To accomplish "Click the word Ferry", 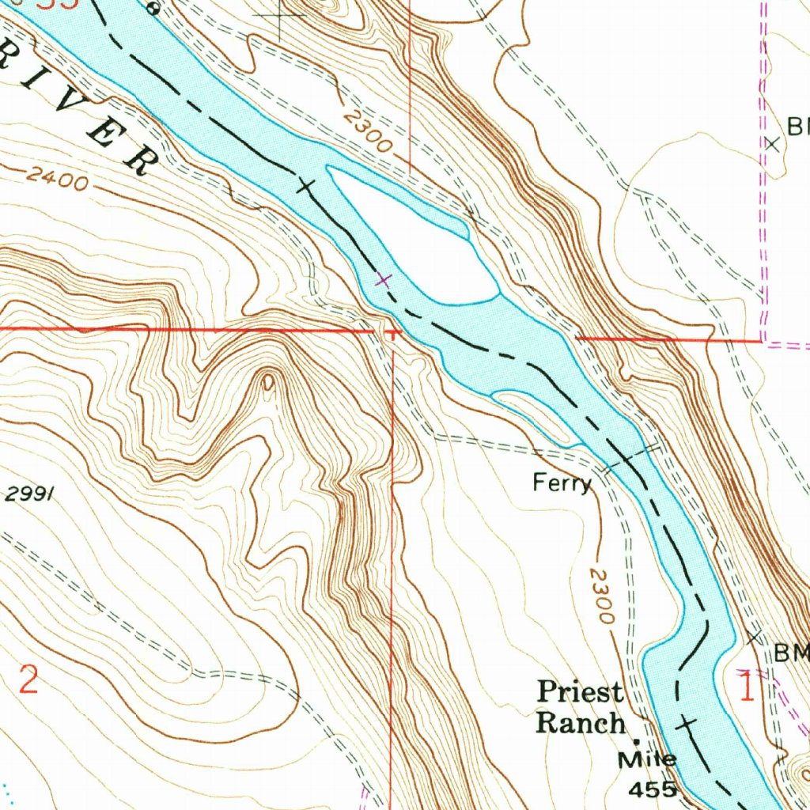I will click(561, 483).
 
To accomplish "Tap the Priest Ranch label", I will click(581, 706).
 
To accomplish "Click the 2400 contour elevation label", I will click(55, 179).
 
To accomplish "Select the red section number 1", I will click(745, 687).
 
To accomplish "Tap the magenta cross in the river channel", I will click(384, 279).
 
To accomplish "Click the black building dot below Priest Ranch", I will click(640, 741).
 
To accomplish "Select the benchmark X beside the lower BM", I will click(755, 637).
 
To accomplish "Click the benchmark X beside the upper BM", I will click(773, 144).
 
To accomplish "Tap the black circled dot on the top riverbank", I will click(155, 10).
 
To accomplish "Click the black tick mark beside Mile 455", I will click(686, 722).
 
